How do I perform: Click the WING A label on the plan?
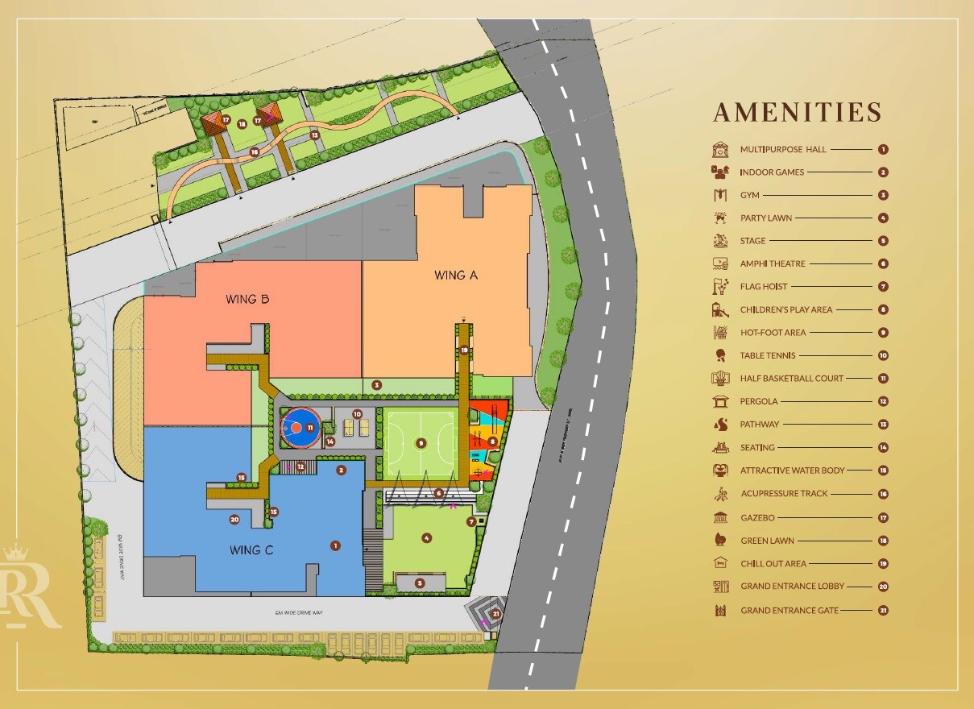tap(456, 275)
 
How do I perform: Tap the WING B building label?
tap(247, 300)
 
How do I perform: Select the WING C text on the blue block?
tap(251, 551)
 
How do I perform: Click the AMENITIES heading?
tap(797, 112)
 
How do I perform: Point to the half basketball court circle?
tap(305, 426)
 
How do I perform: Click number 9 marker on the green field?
tap(420, 442)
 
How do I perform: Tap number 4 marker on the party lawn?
tap(427, 538)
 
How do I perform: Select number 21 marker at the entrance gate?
tap(496, 614)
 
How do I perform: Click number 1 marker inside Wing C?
tap(335, 545)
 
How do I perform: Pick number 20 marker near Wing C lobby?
tap(234, 520)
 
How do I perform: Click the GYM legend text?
tap(750, 195)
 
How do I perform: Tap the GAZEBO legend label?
tap(757, 517)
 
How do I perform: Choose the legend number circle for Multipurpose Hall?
tap(883, 149)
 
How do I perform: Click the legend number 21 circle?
tap(883, 610)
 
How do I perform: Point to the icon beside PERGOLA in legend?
tap(720, 401)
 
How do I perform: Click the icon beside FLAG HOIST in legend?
tap(720, 286)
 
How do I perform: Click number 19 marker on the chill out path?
tap(464, 350)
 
